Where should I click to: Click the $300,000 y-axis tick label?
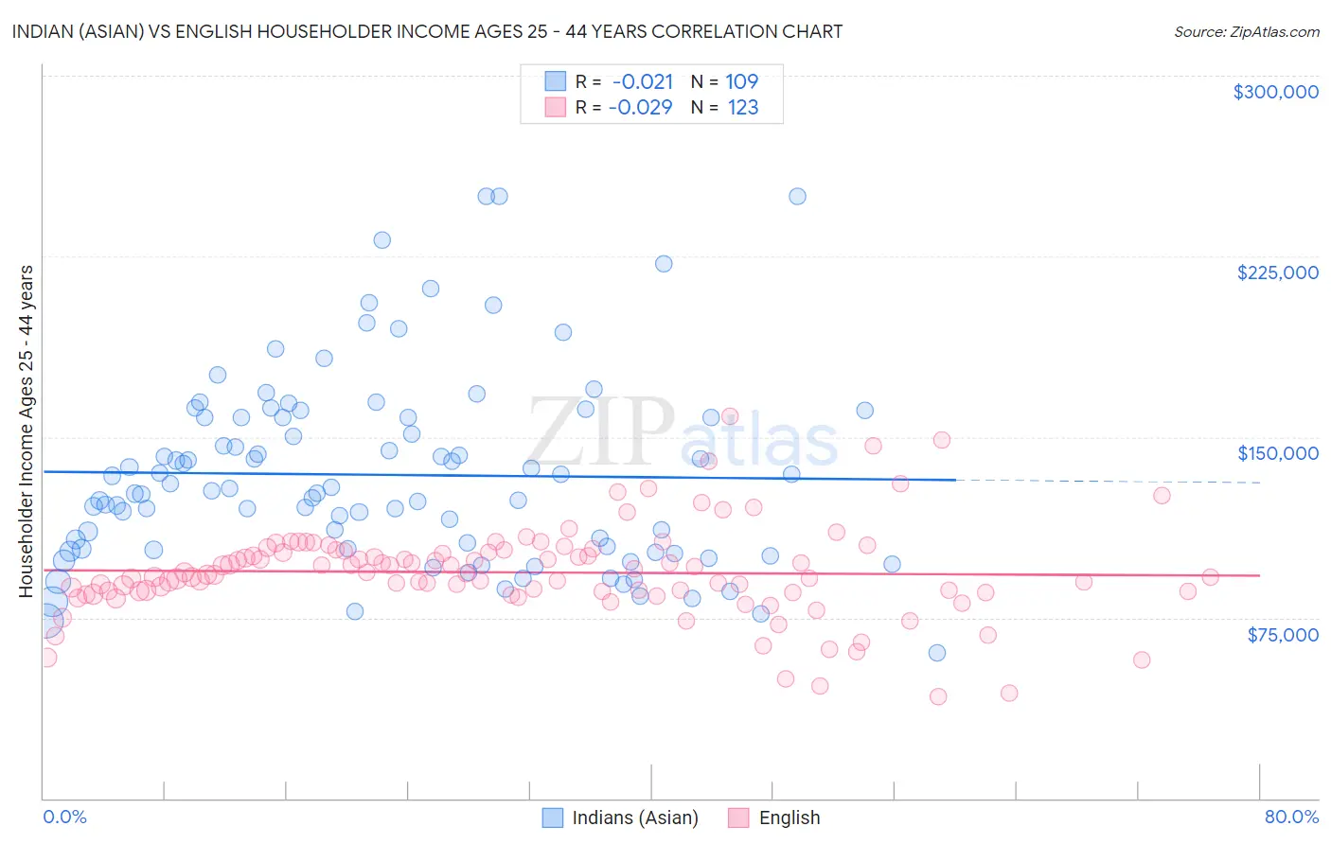click(x=1275, y=92)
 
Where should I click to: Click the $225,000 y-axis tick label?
click(x=1277, y=273)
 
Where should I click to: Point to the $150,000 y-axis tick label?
click(x=1277, y=453)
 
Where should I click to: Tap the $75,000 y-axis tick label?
click(x=1282, y=635)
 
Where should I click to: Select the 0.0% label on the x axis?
click(x=64, y=817)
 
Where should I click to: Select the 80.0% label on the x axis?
click(x=1291, y=817)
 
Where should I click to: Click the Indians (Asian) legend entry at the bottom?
click(x=634, y=818)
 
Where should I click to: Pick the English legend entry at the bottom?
click(x=789, y=818)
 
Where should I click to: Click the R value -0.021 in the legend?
click(x=643, y=81)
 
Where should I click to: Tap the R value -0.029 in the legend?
click(x=640, y=107)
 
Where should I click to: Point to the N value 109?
click(x=742, y=81)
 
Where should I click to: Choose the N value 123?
click(x=743, y=107)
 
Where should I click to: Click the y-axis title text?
click(x=26, y=431)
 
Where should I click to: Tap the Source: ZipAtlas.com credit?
click(x=1246, y=31)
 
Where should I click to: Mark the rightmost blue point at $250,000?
click(x=797, y=196)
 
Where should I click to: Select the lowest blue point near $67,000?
click(x=936, y=653)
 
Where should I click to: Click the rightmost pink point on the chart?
click(x=1210, y=577)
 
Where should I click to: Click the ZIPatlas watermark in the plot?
click(x=682, y=432)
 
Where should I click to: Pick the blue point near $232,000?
click(x=382, y=240)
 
